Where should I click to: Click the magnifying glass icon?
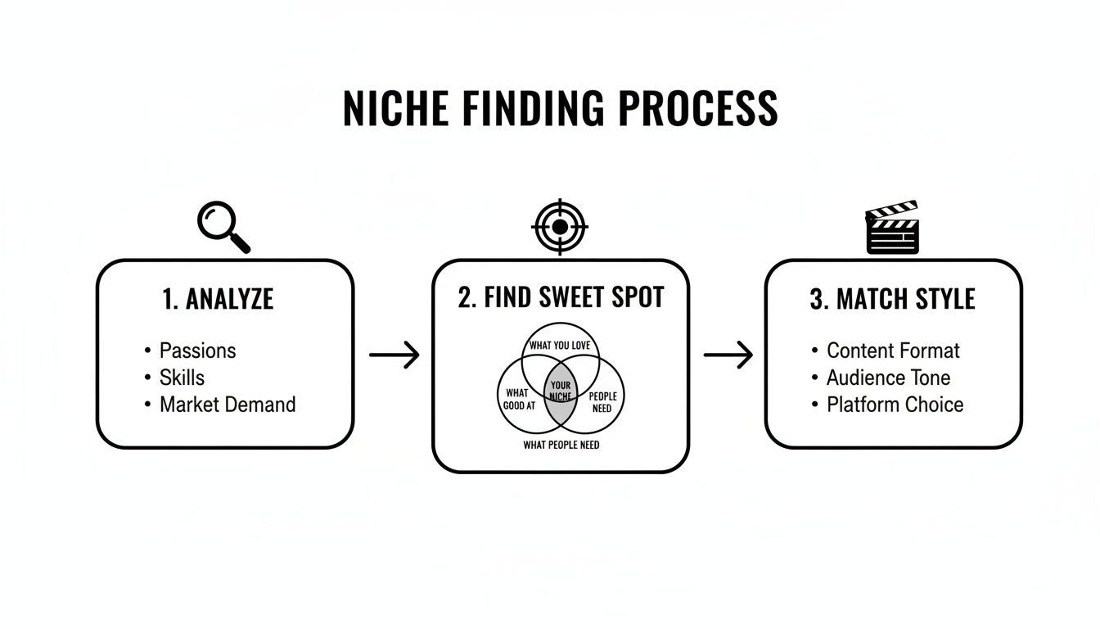click(223, 227)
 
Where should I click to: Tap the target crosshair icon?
click(560, 227)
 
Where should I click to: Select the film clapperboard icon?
click(892, 227)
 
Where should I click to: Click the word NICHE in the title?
click(396, 108)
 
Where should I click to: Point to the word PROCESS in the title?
click(698, 108)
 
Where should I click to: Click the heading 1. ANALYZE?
click(218, 299)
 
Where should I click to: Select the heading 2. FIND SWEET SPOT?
click(561, 296)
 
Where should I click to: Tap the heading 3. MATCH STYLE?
click(892, 299)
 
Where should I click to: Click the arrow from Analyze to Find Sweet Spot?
click(394, 355)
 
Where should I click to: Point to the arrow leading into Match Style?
click(728, 355)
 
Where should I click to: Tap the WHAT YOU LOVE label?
click(560, 346)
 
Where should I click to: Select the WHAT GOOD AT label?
click(519, 400)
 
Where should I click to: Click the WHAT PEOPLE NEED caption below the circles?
click(561, 446)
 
